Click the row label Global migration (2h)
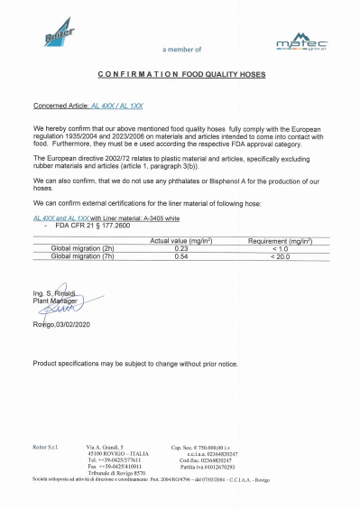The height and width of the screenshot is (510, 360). click(77, 248)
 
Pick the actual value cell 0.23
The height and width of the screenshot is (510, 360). click(180, 248)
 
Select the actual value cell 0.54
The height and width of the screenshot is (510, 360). click(180, 256)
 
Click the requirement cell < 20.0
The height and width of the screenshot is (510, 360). click(280, 256)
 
